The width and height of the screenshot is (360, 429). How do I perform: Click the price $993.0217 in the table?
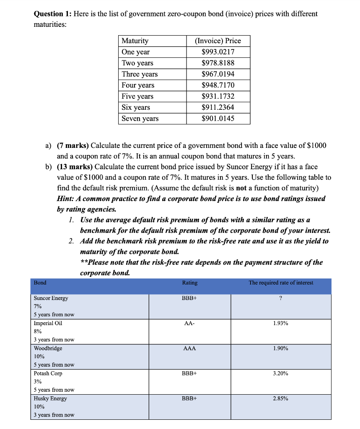218,52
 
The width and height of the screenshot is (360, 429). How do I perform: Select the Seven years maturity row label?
140,119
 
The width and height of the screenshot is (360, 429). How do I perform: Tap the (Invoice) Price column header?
218,41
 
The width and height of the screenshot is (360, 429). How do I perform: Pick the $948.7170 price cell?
218,85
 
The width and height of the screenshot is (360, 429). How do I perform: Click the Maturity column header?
135,41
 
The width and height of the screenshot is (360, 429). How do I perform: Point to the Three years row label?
140,74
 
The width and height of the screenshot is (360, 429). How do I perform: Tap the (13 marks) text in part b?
75,166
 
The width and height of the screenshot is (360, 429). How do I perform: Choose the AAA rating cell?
189,349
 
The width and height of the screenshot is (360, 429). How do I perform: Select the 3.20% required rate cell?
280,373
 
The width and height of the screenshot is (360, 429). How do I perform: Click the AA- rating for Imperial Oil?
189,323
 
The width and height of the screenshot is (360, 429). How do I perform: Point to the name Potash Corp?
48,373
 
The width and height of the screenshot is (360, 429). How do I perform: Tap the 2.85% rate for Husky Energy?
280,398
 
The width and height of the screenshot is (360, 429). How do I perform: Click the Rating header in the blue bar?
189,283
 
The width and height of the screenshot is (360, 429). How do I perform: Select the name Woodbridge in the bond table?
48,349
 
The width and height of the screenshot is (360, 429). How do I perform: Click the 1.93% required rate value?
280,323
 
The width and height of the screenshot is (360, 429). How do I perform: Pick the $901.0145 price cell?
218,119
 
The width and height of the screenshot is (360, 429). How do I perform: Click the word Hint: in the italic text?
66,198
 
